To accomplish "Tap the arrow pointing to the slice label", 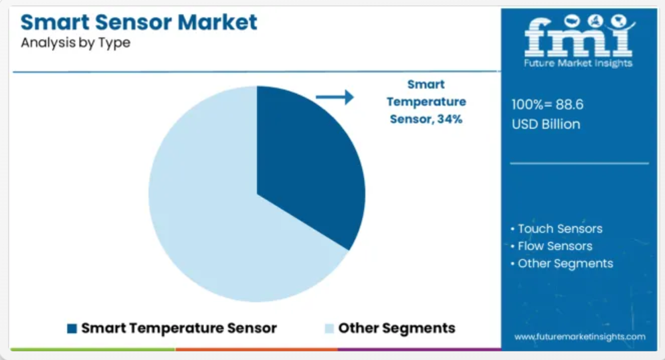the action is point(335,97).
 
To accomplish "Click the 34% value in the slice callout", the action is point(450,119).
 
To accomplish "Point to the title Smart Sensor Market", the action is point(138,22).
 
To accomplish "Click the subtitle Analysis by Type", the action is point(76,43).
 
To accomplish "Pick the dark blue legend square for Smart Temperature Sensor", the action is point(72,328).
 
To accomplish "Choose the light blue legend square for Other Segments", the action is point(329,328).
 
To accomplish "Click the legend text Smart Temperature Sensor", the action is point(179,328).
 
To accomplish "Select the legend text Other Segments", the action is point(397,328).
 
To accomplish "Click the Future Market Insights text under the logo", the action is point(578,63).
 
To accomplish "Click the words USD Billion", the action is point(546,124).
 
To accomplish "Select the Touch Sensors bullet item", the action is point(557,229).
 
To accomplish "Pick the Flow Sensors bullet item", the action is point(551,246).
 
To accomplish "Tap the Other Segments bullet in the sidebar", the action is point(562,264).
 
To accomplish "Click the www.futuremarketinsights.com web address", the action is point(580,337).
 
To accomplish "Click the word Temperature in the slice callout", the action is point(426,102).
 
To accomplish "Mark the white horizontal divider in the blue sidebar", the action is point(579,163).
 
